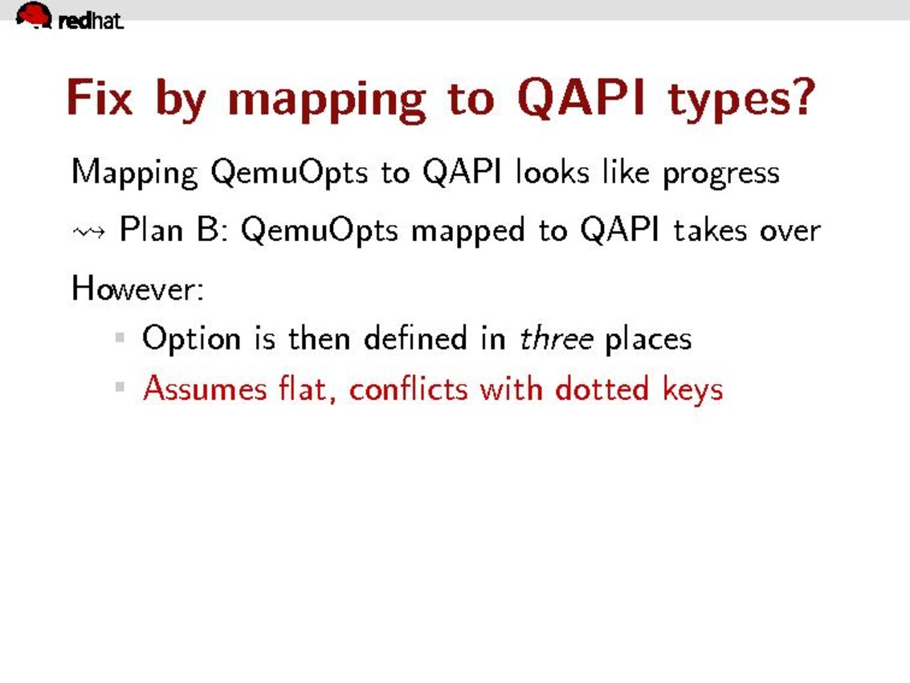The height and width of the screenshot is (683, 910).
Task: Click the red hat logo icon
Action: [34, 14]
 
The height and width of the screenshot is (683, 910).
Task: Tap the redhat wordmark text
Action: [91, 21]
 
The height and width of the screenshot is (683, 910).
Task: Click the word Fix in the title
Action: [100, 97]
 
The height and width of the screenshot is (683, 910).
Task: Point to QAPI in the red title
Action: [581, 98]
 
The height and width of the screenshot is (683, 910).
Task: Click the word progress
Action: [721, 174]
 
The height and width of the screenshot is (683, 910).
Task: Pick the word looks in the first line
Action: [553, 172]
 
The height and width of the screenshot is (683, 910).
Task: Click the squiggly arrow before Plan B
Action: [89, 232]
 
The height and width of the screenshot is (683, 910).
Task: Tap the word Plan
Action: [151, 229]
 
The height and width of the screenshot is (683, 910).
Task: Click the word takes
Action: [710, 230]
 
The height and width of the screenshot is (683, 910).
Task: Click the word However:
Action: [137, 288]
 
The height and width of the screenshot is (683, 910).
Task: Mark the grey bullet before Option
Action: [120, 337]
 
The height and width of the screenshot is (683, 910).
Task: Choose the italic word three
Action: [556, 338]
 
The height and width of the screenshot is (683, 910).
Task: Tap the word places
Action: [648, 339]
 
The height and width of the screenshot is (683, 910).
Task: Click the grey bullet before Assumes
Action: [120, 386]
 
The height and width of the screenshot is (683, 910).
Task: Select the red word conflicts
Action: [408, 388]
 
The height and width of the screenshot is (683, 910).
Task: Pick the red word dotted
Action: [602, 388]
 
